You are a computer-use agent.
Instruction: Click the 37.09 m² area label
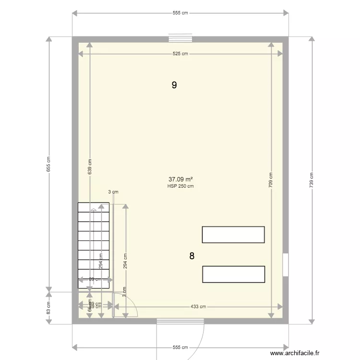[x=180, y=180]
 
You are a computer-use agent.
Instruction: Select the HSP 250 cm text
[x=180, y=186]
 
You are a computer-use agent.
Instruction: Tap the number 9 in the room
[x=174, y=85]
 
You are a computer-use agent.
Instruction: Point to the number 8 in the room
[x=192, y=256]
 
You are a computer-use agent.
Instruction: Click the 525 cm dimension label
[x=180, y=54]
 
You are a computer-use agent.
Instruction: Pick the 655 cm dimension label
[x=48, y=164]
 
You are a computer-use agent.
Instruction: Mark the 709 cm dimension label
[x=271, y=180]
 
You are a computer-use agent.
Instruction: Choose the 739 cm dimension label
[x=312, y=180]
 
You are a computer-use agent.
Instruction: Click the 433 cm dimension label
[x=198, y=307]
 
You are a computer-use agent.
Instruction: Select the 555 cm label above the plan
[x=180, y=13]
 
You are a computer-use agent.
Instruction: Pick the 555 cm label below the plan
[x=180, y=347]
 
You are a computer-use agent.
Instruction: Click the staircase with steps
[x=94, y=245]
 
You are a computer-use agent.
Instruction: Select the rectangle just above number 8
[x=233, y=235]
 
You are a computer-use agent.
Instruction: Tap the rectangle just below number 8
[x=233, y=274]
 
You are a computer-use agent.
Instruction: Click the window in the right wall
[x=285, y=264]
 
